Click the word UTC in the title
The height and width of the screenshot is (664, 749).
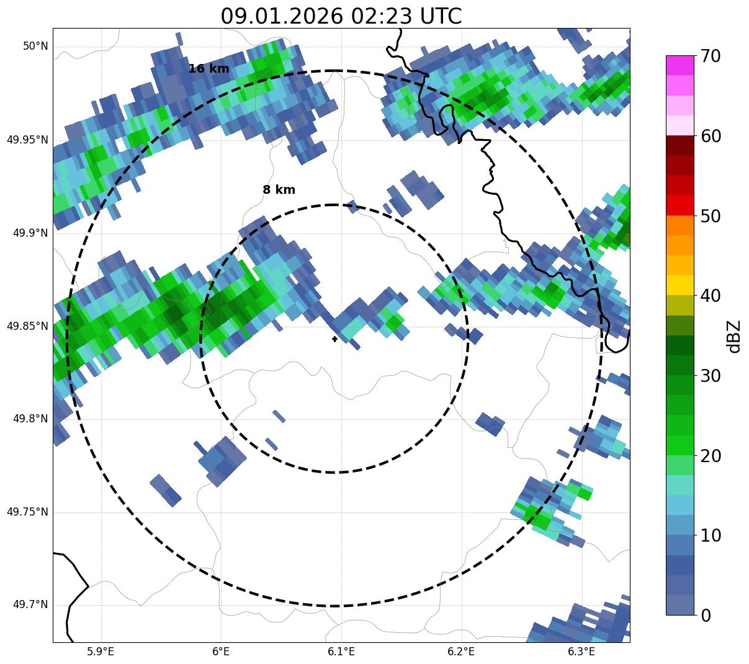pos(440,16)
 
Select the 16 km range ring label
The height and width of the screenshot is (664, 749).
pos(209,69)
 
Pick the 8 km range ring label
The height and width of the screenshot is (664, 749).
pos(279,190)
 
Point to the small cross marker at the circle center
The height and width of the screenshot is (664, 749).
pos(334,339)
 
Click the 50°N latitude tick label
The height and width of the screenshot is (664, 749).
pos(36,47)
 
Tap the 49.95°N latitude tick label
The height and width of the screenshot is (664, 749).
pos(27,140)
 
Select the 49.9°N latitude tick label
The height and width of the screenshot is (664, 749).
pos(30,233)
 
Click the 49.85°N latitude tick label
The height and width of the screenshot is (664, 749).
pos(27,326)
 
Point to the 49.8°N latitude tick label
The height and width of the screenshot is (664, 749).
pos(30,419)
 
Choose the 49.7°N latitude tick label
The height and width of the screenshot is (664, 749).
pos(30,605)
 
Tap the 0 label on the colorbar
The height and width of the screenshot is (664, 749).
pos(706,616)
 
